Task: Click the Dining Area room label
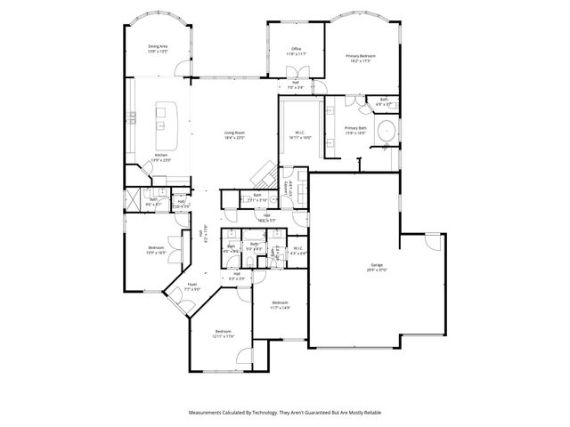(158, 48)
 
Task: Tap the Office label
(296, 51)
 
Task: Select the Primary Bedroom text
(361, 58)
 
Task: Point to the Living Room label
(234, 135)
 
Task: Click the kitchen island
(165, 125)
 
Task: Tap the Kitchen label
(161, 157)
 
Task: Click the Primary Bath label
(356, 131)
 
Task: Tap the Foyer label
(191, 286)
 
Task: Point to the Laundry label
(287, 188)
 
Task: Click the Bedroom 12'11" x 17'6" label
(223, 334)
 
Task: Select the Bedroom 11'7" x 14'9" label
(281, 305)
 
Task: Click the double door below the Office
(295, 78)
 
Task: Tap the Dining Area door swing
(183, 67)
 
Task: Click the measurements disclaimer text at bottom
(284, 413)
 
